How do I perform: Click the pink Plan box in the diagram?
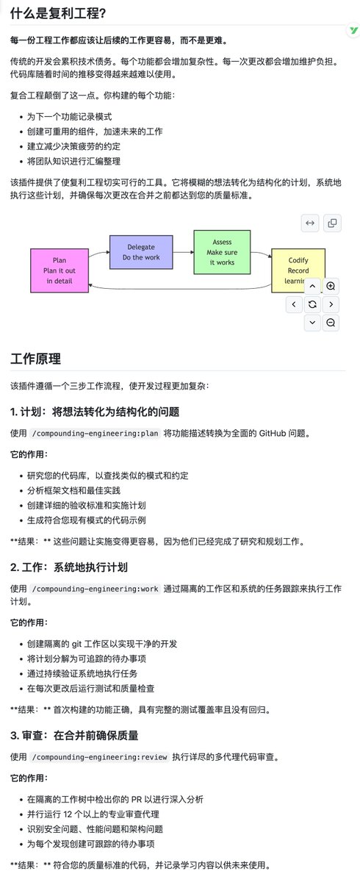[60, 270]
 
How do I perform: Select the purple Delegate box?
[141, 252]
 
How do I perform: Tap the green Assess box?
[222, 251]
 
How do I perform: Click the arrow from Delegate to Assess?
[183, 251]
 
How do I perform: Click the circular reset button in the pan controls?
[312, 304]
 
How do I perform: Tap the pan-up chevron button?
[312, 286]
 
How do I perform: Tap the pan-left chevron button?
[294, 304]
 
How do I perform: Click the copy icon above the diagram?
[331, 223]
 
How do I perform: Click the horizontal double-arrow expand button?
[311, 223]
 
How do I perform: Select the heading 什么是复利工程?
[57, 13]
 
